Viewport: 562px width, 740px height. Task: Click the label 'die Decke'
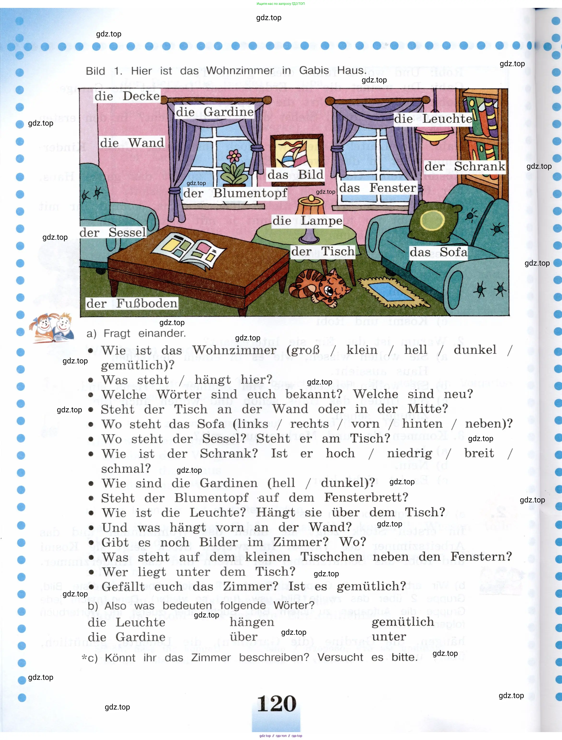pyautogui.click(x=127, y=96)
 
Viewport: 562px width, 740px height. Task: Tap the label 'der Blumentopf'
pyautogui.click(x=235, y=193)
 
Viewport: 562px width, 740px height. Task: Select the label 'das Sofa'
pyautogui.click(x=438, y=252)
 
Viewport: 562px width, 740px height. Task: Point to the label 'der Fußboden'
pyautogui.click(x=132, y=303)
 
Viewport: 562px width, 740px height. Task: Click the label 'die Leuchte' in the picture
pyautogui.click(x=433, y=119)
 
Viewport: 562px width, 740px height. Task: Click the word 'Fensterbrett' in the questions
pyautogui.click(x=366, y=497)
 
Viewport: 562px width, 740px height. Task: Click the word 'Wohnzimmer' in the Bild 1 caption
pyautogui.click(x=240, y=70)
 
